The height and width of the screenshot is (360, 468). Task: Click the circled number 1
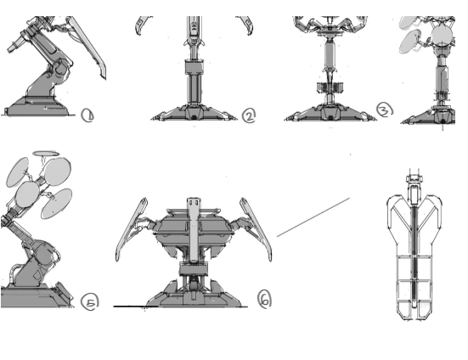pos(87,115)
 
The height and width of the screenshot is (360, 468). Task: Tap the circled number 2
pos(249,115)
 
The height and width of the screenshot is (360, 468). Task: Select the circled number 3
pos(385,110)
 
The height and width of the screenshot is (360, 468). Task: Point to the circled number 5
pos(90,301)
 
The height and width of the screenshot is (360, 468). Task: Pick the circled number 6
pos(264,299)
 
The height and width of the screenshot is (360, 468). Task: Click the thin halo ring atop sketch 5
pos(46,154)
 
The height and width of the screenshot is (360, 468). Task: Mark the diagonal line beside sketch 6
pos(313,217)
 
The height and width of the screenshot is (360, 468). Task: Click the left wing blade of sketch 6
pos(131,229)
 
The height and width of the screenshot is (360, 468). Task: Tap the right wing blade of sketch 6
pos(257,228)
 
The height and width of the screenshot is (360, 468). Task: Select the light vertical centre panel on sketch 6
pos(194,229)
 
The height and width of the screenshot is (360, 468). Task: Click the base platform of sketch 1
pos(38,106)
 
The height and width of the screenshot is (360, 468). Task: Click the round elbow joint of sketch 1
pos(60,68)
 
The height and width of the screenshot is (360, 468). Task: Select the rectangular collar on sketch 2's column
pos(194,67)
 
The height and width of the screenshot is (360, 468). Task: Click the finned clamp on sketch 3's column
pos(330,87)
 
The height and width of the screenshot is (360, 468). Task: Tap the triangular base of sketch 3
pos(330,113)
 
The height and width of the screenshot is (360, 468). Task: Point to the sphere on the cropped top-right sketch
pos(442,36)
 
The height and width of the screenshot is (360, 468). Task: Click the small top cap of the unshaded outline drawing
pos(414,178)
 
